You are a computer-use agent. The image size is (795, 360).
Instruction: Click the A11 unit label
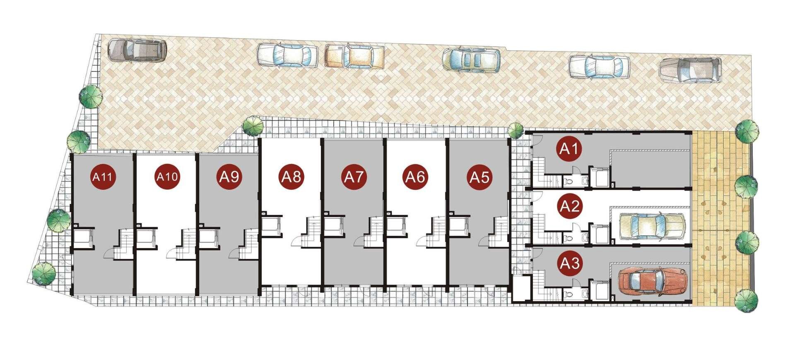[102, 177]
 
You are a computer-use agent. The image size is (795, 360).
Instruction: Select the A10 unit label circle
[167, 177]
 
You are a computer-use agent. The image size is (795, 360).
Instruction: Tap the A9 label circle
[229, 177]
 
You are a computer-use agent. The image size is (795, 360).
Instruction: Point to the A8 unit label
[291, 177]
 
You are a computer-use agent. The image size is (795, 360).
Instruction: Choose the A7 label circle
[354, 177]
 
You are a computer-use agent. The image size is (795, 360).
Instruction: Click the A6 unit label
[416, 177]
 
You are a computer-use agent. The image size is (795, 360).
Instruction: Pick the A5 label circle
[479, 177]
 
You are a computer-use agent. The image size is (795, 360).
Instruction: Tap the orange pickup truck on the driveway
[354, 56]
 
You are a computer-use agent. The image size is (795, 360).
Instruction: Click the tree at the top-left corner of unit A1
[516, 131]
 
